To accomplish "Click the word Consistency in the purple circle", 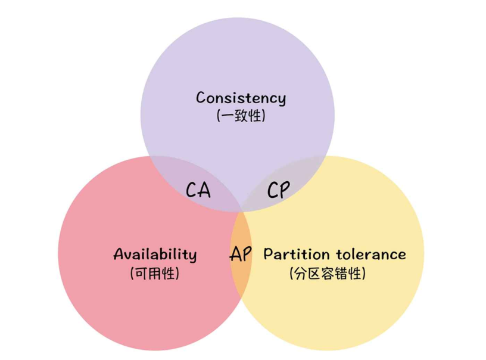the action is [x=241, y=98].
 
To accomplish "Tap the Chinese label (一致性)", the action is [x=241, y=116].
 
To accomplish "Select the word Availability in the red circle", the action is [x=155, y=255].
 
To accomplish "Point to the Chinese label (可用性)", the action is [x=154, y=274].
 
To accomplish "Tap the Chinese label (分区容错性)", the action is [x=328, y=274].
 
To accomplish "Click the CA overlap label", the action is [x=198, y=190].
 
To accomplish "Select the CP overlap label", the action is [x=278, y=190].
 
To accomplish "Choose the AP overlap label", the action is [x=241, y=255].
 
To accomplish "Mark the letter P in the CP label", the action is [x=285, y=190].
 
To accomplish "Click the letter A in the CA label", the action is [x=205, y=190].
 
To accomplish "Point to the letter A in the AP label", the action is [x=235, y=255].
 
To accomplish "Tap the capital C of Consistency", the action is [x=201, y=98].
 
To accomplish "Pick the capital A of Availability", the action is [x=119, y=255].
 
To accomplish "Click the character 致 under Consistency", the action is [x=241, y=116].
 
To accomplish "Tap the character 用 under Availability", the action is [x=154, y=274].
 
